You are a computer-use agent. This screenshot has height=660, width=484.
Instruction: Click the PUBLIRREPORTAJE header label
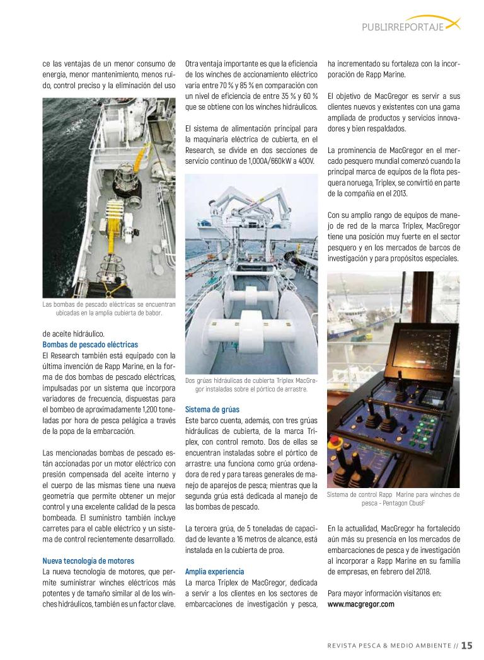402,26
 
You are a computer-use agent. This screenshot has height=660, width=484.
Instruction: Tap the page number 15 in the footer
466,644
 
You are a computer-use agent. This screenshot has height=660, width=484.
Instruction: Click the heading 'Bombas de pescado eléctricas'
90,344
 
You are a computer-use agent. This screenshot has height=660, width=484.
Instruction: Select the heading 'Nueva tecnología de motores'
88,560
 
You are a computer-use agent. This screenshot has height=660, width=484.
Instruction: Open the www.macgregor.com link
361,604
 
